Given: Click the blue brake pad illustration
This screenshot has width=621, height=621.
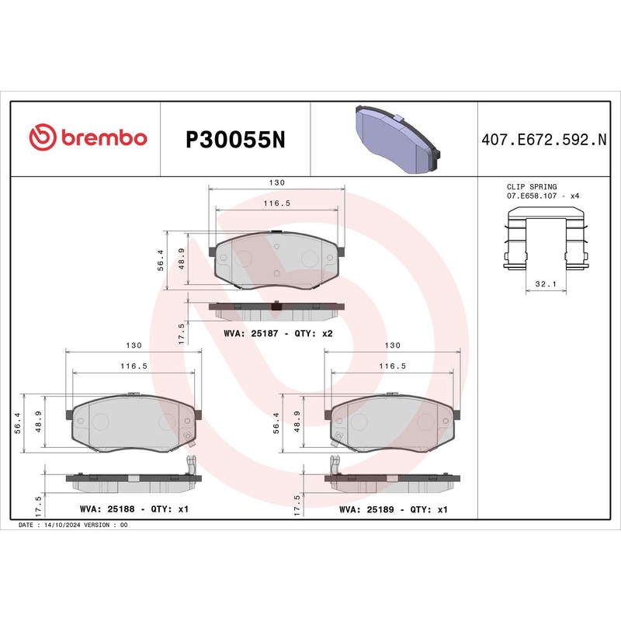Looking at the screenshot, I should (x=395, y=139).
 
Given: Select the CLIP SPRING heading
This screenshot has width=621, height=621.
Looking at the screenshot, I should (x=532, y=187).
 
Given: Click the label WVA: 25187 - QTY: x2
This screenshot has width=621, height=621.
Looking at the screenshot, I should (x=278, y=333).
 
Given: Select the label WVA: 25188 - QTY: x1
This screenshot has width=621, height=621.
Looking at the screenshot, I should (x=134, y=510).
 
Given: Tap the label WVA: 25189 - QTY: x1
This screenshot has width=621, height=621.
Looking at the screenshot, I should (x=394, y=510).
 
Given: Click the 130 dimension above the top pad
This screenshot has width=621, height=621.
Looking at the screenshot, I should (x=277, y=182).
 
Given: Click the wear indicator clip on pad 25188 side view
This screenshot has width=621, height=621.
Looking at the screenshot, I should (x=189, y=466).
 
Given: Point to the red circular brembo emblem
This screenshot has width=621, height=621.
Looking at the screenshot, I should (x=42, y=138).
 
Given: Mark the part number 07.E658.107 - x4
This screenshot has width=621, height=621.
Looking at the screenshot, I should (x=543, y=196).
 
